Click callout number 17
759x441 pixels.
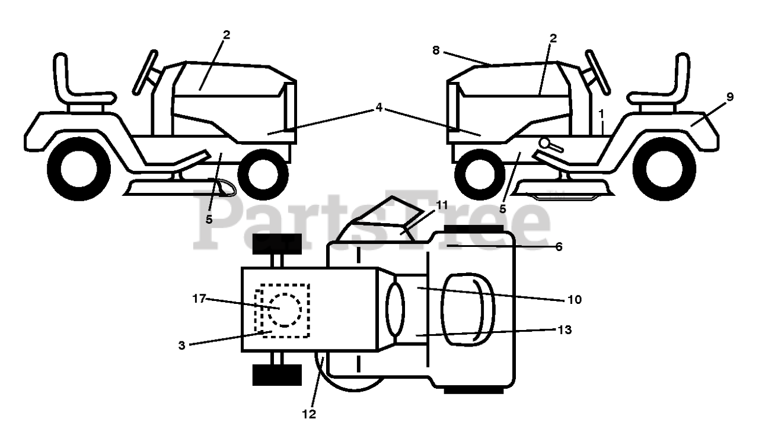(x=198, y=299)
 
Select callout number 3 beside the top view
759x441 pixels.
(x=183, y=345)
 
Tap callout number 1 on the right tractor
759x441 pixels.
(x=601, y=112)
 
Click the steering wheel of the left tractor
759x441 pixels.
(x=145, y=72)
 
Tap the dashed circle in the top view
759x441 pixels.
(x=282, y=309)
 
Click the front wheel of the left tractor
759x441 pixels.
(x=263, y=174)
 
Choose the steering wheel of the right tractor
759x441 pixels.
(x=598, y=72)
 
